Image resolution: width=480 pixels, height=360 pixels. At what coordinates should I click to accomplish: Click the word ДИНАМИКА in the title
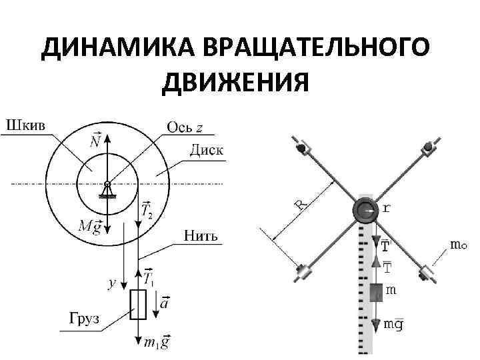pos(98,48)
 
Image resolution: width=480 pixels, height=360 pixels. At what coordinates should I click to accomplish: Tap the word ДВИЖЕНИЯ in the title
pos(235,83)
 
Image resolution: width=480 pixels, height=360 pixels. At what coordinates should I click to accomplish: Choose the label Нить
pos(199,235)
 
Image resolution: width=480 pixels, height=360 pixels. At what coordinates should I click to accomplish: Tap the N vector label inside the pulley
pos(95,141)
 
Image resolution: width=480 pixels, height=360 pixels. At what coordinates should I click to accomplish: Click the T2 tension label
pos(149,211)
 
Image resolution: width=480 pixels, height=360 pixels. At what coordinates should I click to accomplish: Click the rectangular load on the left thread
pos(138,305)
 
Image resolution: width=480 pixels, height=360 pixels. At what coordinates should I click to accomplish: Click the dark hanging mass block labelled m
pos(376,292)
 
